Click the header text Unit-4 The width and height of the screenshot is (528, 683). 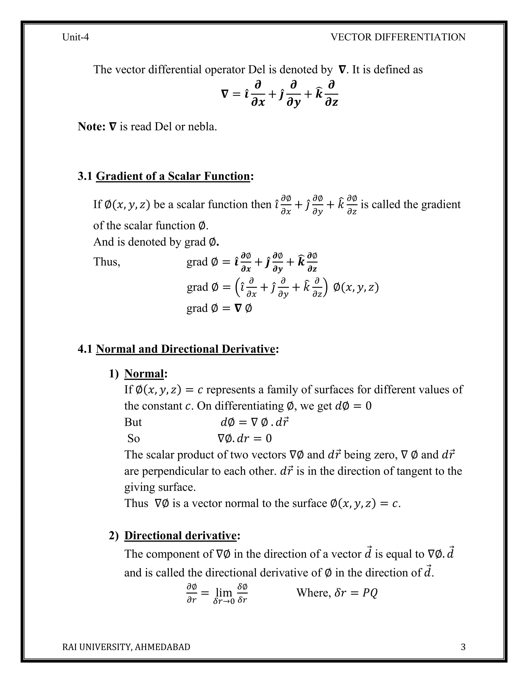[x=75, y=37]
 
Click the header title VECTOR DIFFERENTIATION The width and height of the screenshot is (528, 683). [x=398, y=37]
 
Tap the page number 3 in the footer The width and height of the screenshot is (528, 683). [x=463, y=647]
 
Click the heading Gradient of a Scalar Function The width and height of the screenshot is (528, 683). [x=173, y=176]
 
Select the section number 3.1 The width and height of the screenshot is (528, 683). [x=85, y=176]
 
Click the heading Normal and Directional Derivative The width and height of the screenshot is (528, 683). [x=185, y=349]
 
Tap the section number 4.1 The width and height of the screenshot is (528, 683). [x=85, y=349]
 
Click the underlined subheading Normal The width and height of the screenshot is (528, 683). [x=144, y=374]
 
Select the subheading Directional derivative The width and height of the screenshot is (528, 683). [x=180, y=536]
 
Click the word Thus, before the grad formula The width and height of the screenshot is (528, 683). [x=107, y=262]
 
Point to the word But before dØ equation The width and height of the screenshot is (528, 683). [x=133, y=422]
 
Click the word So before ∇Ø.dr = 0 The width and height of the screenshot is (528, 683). [x=134, y=438]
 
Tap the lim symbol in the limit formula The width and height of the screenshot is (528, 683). [x=224, y=592]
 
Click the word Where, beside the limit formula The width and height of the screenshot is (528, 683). [x=313, y=593]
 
